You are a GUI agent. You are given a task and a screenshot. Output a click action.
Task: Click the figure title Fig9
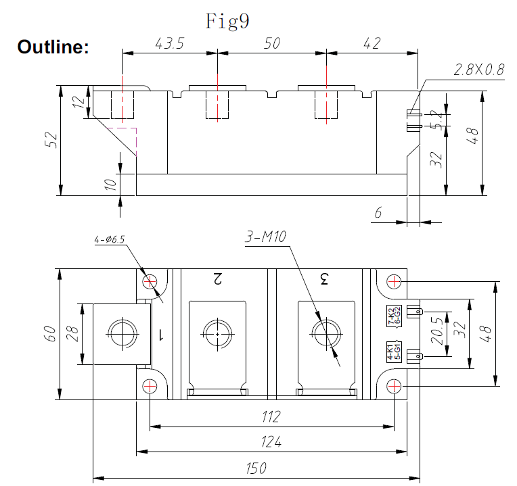point(227,21)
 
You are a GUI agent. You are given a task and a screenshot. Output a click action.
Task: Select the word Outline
point(53,47)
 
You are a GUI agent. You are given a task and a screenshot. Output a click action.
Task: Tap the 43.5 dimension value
point(170,43)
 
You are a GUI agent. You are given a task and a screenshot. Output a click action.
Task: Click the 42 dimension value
point(372,43)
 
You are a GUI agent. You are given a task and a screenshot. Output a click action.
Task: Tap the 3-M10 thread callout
point(266,237)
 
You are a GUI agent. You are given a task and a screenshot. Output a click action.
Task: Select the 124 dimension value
point(271,442)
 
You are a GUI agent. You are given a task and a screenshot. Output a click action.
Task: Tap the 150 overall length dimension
point(256,468)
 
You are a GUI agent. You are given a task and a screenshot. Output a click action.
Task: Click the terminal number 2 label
point(217,278)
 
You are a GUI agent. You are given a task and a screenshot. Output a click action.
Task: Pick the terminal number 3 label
point(324,278)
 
